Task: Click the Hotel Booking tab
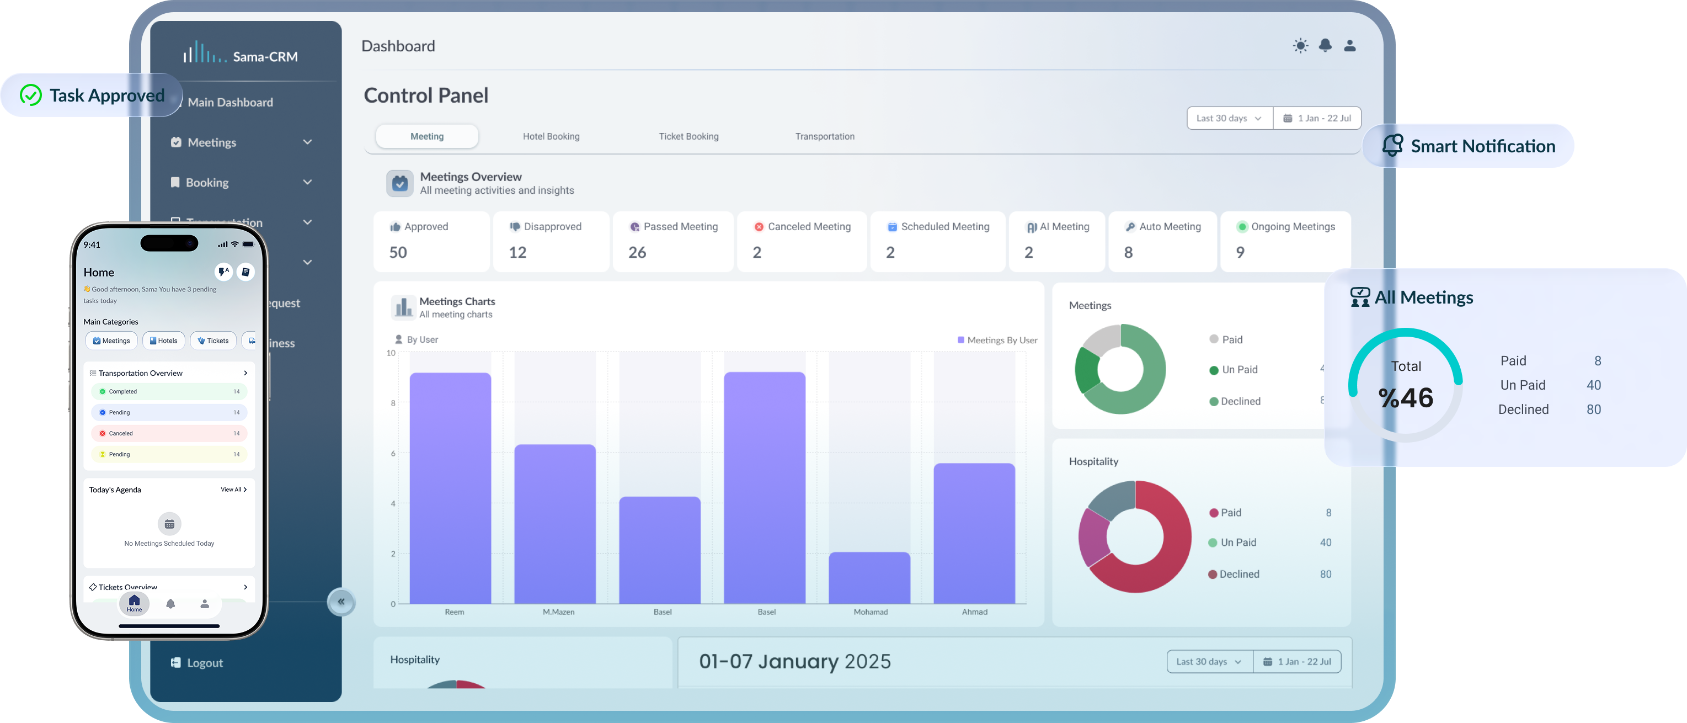tap(551, 136)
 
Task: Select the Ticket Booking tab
tap(688, 136)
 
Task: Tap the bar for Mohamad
tap(869, 578)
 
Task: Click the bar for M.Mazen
tap(554, 524)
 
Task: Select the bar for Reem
tap(450, 488)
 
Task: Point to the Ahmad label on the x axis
tap(974, 612)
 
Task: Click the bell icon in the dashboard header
tap(1325, 45)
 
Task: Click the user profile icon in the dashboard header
tap(1350, 45)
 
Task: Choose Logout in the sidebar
tap(204, 663)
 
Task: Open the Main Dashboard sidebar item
tap(230, 102)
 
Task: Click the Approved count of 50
tap(398, 252)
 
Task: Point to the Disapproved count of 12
tap(517, 252)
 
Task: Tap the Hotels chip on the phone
tap(164, 341)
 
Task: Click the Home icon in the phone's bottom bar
tap(134, 603)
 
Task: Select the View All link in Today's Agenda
tap(233, 489)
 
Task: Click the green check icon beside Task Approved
tap(31, 95)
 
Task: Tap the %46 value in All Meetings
tap(1406, 397)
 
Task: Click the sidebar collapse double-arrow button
tap(341, 602)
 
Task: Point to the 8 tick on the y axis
tap(393, 403)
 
